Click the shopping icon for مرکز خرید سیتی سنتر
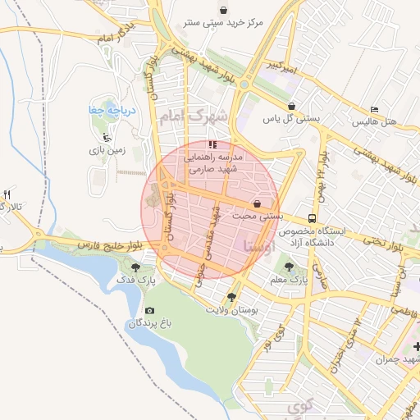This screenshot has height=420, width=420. point(225,9)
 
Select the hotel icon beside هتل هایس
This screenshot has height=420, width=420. point(375,110)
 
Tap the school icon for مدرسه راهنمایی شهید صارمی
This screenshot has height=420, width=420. point(213,145)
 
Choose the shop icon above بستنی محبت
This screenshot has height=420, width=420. point(258,203)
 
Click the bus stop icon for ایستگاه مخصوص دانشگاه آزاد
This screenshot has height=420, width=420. point(312,218)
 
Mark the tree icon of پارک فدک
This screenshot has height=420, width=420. point(135,267)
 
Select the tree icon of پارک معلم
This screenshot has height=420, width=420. point(288,266)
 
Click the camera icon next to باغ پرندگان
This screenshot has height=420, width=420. point(148,310)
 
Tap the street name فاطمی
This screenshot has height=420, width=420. point(403,310)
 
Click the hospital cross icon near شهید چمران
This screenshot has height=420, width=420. point(417,349)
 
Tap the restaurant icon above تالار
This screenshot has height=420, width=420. point(6,194)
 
